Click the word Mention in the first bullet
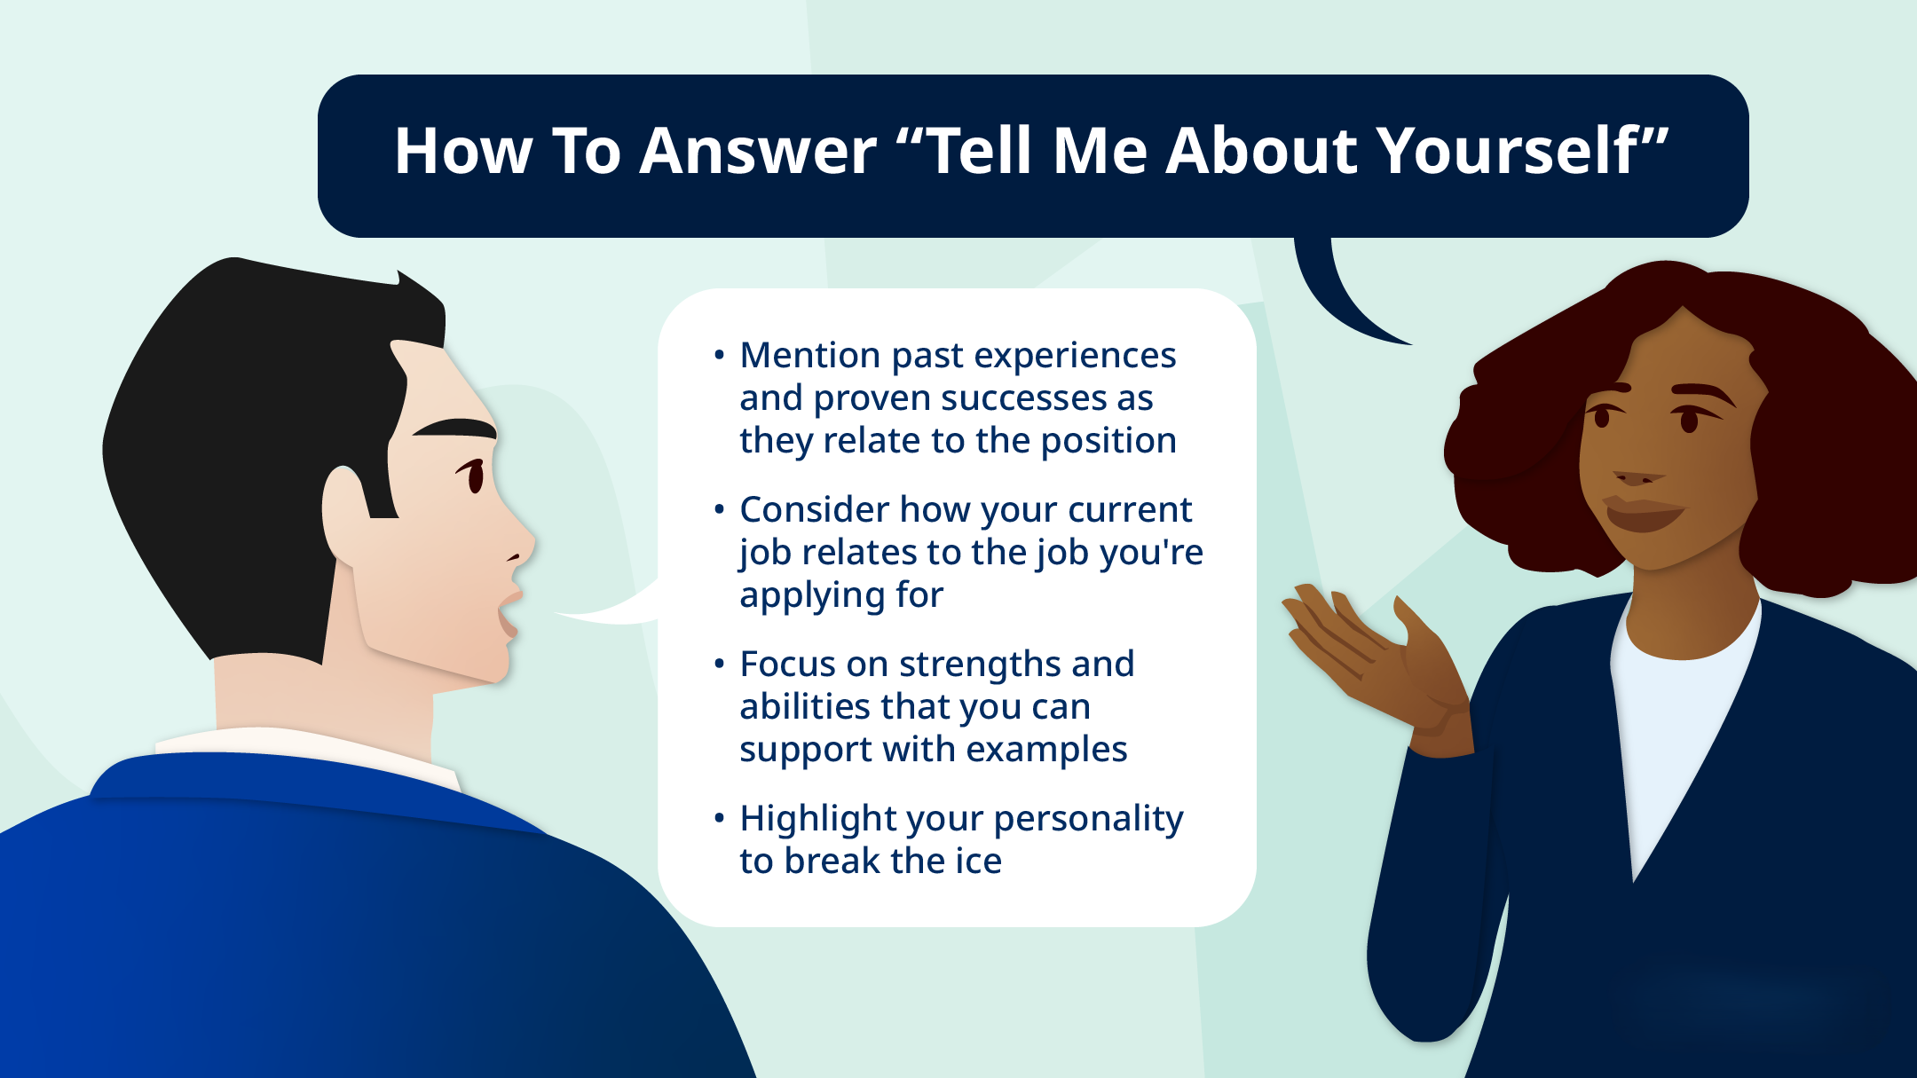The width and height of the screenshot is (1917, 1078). click(x=809, y=355)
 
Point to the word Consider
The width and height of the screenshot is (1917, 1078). click(x=814, y=509)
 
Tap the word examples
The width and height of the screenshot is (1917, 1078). click(x=1046, y=750)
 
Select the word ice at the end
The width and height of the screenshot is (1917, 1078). click(x=978, y=862)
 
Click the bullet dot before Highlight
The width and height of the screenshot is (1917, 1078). click(x=719, y=818)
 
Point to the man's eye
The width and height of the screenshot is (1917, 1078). click(x=474, y=476)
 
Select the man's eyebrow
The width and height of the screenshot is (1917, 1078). click(x=454, y=428)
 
